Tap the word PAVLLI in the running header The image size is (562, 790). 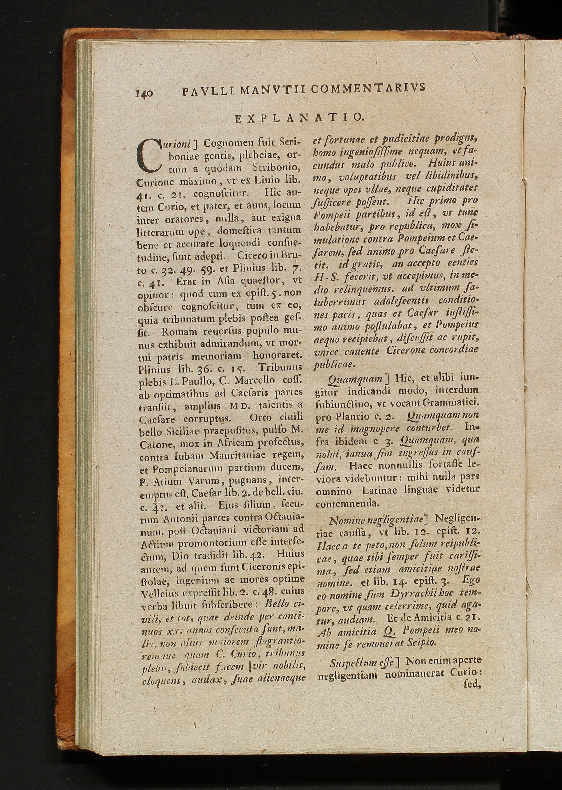pos(208,91)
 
